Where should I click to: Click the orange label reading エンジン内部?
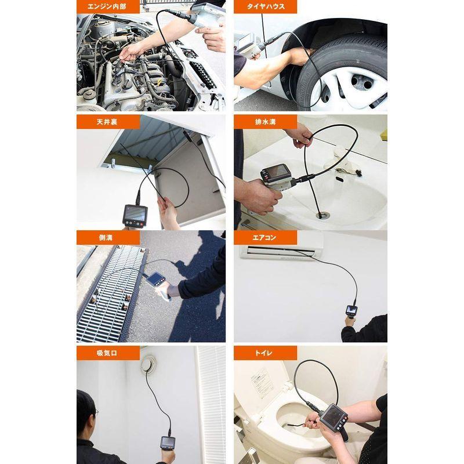click(x=108, y=7)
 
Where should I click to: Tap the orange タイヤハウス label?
click(x=266, y=7)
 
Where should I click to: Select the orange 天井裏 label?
click(x=108, y=122)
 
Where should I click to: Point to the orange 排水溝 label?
click(x=266, y=122)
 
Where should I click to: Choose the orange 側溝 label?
click(x=108, y=238)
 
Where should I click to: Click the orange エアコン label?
click(x=266, y=238)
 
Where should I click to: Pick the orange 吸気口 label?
click(x=108, y=353)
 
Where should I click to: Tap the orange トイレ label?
click(x=266, y=353)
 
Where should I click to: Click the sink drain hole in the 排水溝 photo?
click(x=322, y=215)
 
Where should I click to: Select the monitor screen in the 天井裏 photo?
click(x=135, y=213)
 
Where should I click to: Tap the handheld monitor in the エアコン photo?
click(x=351, y=311)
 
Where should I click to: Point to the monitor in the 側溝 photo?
click(x=155, y=280)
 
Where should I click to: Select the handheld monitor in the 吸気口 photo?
click(x=168, y=443)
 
